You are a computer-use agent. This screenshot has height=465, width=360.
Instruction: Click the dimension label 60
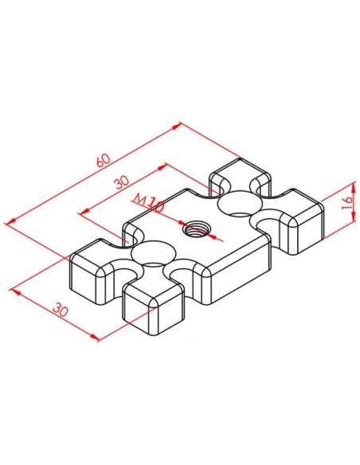104,160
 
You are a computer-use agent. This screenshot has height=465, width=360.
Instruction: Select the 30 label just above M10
122,182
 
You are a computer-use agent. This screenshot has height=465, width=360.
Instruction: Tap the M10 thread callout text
149,203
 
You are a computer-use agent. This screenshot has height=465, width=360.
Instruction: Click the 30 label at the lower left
61,310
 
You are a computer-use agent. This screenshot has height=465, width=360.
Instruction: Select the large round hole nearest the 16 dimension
241,203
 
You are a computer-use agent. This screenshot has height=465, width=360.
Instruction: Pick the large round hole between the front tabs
153,252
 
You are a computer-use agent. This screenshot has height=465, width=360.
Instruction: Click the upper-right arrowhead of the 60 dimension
176,126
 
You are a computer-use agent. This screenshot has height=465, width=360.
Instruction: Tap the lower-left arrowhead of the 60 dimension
10,221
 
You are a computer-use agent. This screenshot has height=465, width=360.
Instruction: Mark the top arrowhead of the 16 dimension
354,186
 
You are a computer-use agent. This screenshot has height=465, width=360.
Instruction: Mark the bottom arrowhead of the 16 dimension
354,217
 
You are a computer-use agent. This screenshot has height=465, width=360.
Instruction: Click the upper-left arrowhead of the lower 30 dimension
15,292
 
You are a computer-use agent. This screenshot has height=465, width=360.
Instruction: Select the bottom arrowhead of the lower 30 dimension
95,337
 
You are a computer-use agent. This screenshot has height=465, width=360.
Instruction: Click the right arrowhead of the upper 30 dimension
162,167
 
